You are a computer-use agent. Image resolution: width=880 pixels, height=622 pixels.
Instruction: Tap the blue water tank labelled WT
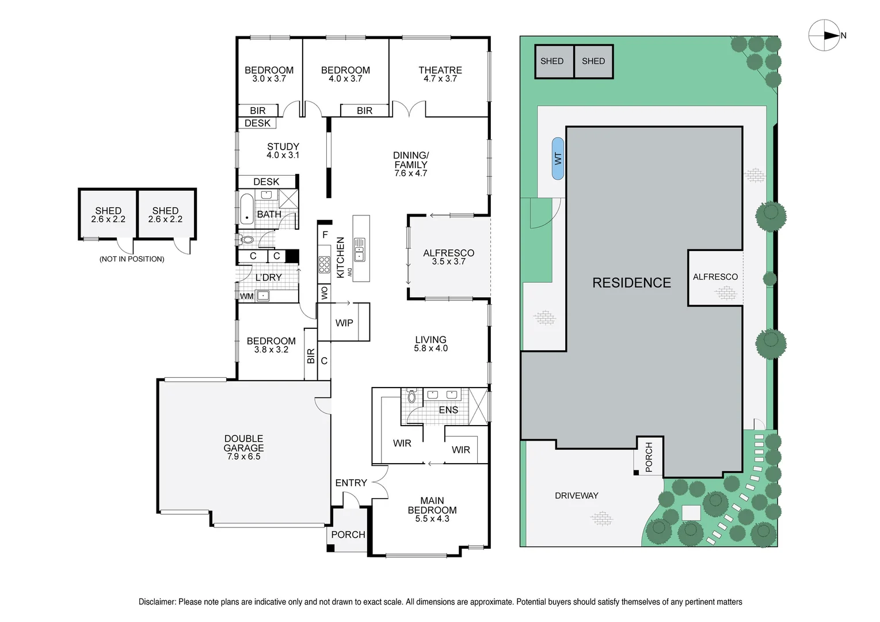coord(557,158)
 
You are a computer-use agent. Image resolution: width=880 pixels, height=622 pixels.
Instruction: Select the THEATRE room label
coord(440,70)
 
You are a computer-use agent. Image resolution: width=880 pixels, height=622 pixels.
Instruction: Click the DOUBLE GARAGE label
coord(243,443)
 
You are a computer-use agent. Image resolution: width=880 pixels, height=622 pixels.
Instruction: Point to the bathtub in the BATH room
coord(246,209)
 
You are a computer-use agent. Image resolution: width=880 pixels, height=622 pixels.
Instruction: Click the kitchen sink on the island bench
coord(360,249)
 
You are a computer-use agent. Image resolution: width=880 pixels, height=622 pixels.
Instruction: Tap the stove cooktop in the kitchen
coord(324,264)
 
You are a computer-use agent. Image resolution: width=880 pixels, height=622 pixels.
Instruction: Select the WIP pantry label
coord(344,323)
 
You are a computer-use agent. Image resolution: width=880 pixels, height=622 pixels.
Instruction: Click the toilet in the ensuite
coord(412,396)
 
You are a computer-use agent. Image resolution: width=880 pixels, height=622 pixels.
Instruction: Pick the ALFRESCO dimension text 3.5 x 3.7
coord(448,261)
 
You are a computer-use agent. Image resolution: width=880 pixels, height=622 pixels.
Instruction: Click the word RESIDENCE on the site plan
coord(631,283)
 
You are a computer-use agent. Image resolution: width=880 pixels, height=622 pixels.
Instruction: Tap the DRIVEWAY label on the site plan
coord(576,495)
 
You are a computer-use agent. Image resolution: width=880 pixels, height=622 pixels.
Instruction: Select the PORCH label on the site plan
coord(649,457)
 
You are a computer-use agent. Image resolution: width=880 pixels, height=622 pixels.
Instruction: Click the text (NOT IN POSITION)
coord(132,259)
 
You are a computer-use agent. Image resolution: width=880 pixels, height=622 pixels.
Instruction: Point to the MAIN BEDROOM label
coord(432,505)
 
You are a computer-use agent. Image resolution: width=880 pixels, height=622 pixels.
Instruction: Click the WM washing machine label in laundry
coord(247,296)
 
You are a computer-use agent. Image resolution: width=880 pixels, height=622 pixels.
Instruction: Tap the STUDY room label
coord(283,147)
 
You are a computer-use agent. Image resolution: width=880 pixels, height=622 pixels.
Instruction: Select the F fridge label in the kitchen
coord(325,235)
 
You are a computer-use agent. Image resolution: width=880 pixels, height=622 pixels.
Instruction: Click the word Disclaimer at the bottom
coord(157,602)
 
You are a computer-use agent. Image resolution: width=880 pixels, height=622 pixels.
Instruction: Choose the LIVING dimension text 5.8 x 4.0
coord(431,348)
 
